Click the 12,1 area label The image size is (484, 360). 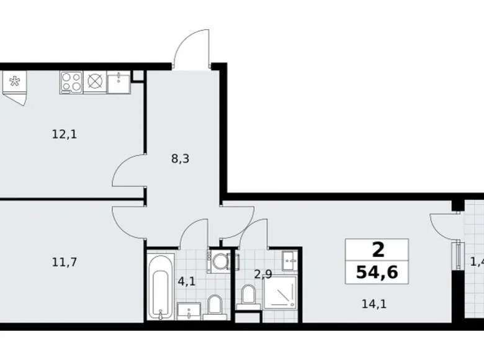coord(64,133)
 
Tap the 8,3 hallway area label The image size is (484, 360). coord(181,158)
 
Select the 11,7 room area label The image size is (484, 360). coord(64,261)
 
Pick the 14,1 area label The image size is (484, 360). coord(371,304)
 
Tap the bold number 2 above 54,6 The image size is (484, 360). coord(377,251)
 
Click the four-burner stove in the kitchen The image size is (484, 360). coord(71,82)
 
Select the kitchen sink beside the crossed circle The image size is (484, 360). coord(118,82)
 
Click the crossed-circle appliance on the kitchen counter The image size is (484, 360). coord(94,82)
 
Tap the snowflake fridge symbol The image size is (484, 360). coord(14,81)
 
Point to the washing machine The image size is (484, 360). coord(218,261)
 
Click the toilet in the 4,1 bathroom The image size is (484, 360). coord(215,305)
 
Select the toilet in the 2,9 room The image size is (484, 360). coord(248,295)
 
